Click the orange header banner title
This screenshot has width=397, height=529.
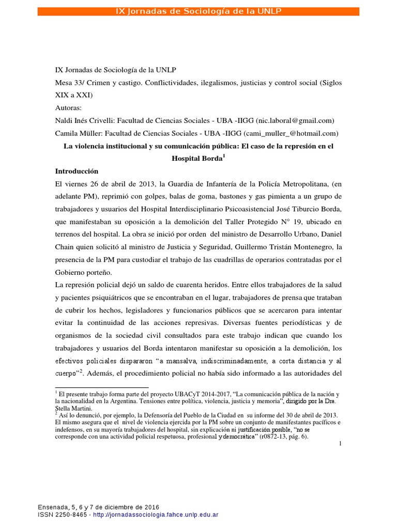point(198,11)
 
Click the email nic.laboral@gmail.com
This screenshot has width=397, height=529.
point(296,120)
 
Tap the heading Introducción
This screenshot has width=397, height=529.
point(77,171)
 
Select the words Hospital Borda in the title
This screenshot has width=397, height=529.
point(197,159)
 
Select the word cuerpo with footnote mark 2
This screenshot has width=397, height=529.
point(66,372)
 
